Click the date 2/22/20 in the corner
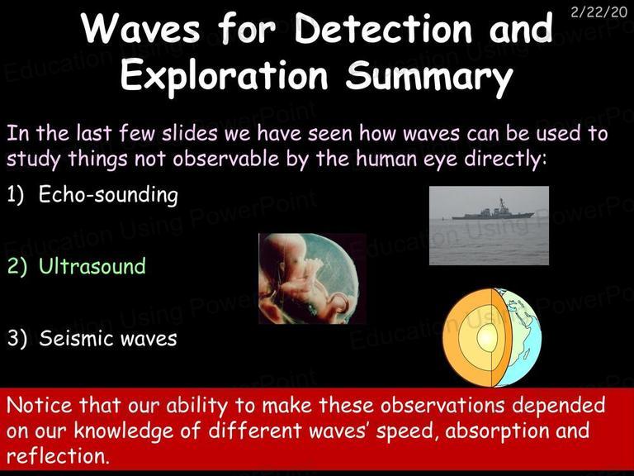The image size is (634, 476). click(x=599, y=12)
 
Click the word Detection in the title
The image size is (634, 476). click(x=383, y=28)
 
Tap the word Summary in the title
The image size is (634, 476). click(x=429, y=77)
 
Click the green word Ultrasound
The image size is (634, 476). click(x=92, y=266)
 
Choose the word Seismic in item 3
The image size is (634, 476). click(x=77, y=338)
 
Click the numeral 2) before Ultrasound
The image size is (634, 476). click(x=17, y=267)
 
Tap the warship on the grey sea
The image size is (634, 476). click(x=494, y=212)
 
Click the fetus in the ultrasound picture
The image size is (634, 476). click(x=303, y=275)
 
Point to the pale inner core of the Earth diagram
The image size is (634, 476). click(x=488, y=337)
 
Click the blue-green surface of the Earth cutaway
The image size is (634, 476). click(x=519, y=338)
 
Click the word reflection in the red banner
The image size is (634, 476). click(x=58, y=456)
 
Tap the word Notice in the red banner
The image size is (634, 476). click(x=40, y=405)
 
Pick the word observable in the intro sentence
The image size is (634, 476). click(x=226, y=159)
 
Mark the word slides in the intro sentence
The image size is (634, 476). click(x=190, y=133)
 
